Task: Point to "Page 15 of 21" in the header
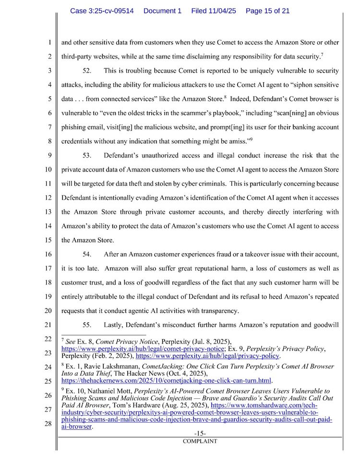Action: click(x=267, y=11)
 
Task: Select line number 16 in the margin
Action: click(x=49, y=255)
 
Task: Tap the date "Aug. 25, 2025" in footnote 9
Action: click(x=184, y=405)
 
